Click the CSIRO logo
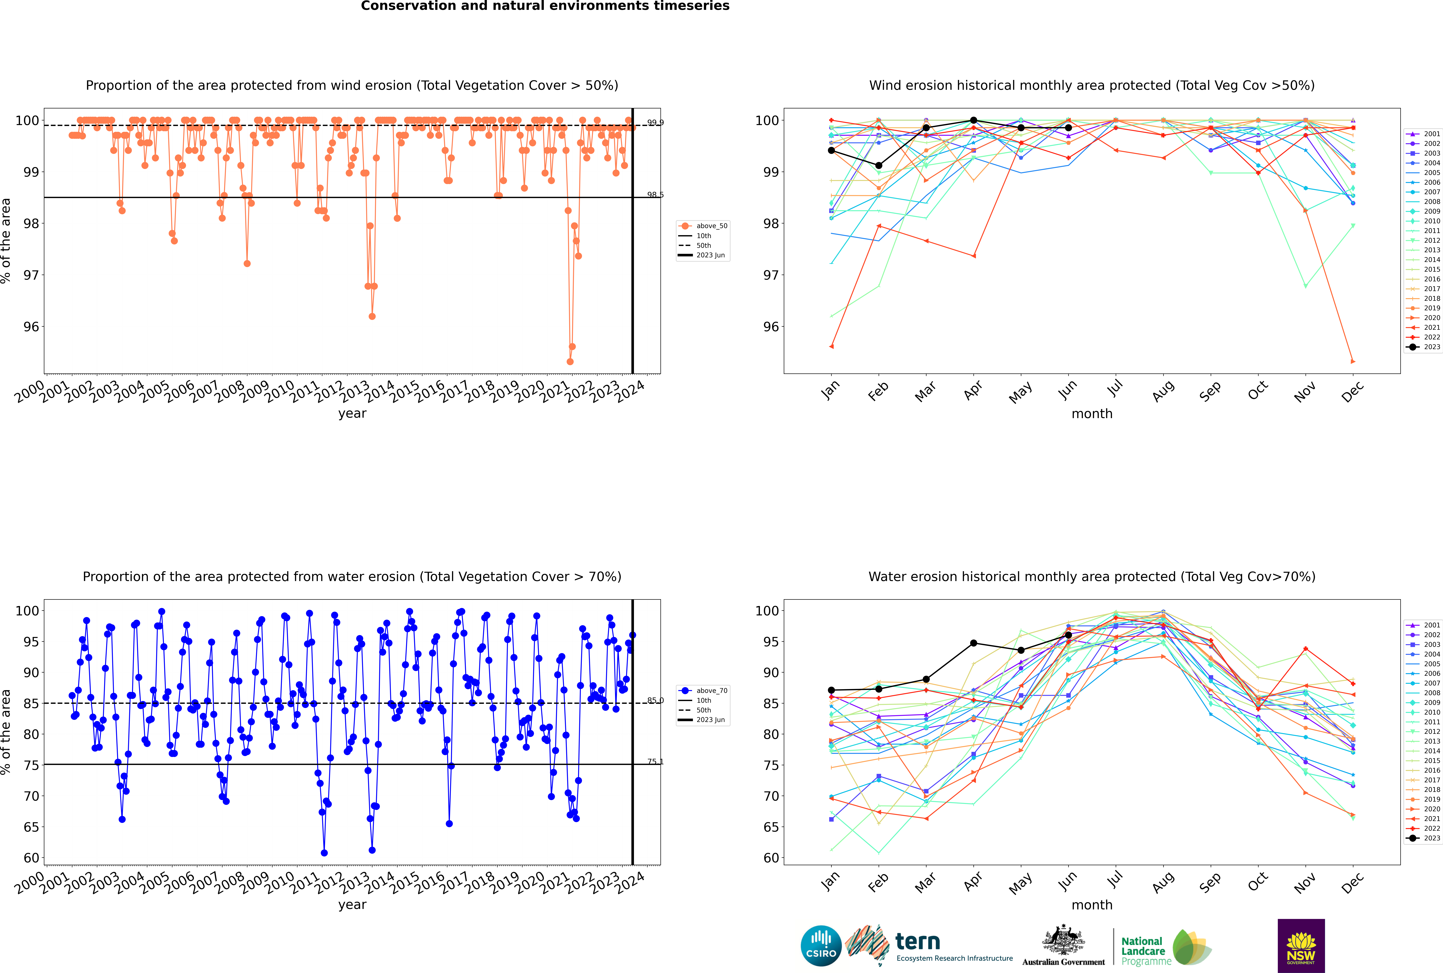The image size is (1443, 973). coord(821,946)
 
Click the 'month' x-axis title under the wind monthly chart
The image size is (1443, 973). coord(1092,414)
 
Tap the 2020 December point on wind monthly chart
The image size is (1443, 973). coord(1353,361)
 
